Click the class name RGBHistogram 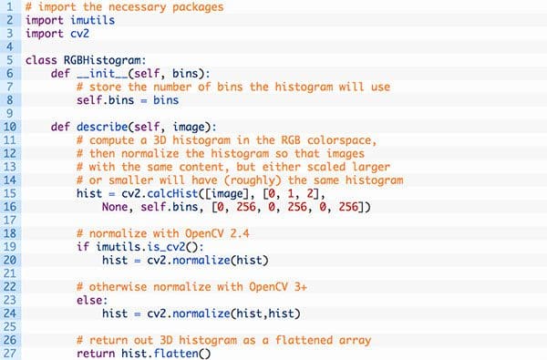point(102,60)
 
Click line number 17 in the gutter point(9,221)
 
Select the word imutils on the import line point(92,20)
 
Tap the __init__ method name point(102,74)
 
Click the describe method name point(102,127)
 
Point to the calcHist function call point(172,193)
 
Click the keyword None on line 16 point(115,207)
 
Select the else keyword point(89,300)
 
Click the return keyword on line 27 point(96,354)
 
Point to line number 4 point(9,46)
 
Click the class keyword point(41,60)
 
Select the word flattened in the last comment point(304,340)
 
